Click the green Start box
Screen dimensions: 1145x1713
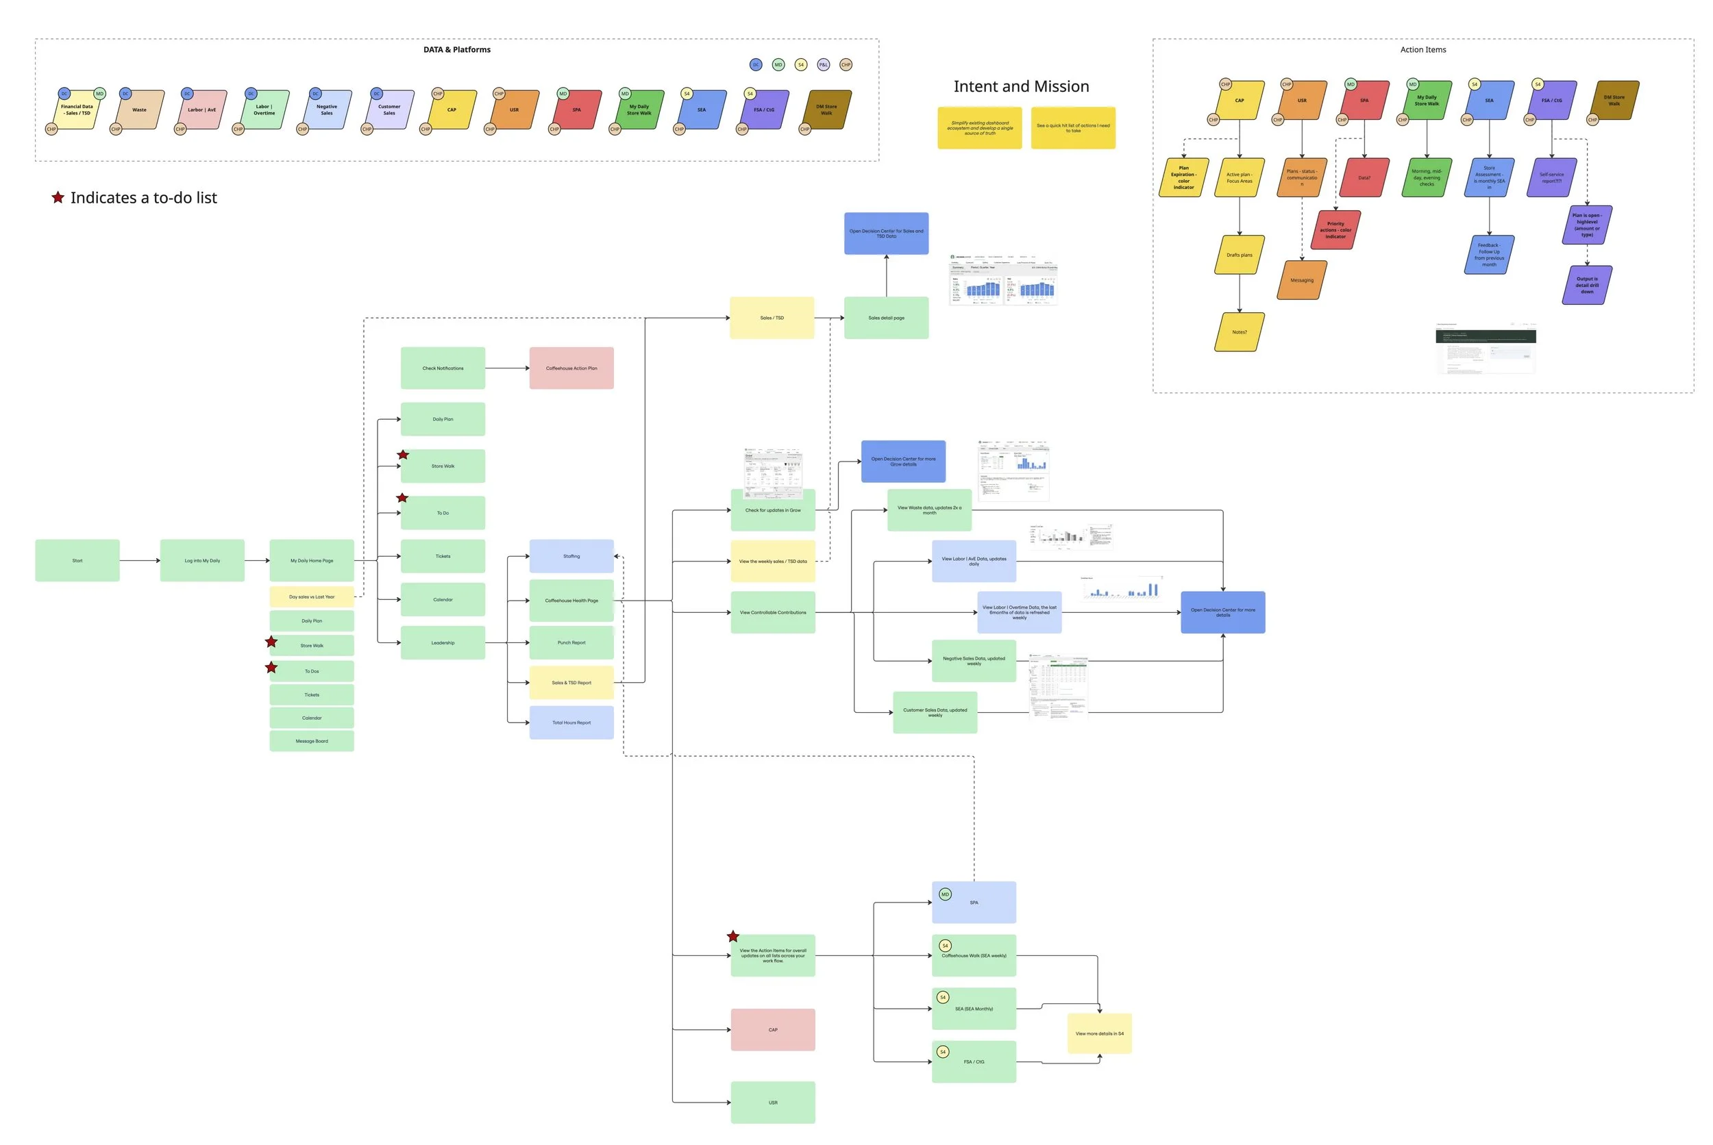[77, 560]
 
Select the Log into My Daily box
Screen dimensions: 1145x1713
[202, 560]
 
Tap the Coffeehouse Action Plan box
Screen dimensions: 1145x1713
[571, 368]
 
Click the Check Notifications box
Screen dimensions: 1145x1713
[443, 368]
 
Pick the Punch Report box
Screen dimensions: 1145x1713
[571, 642]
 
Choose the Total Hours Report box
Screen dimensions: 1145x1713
[571, 722]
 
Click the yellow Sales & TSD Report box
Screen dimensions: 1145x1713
[571, 683]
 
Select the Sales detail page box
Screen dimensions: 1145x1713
[886, 318]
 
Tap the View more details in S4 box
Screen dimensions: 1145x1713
[1099, 1033]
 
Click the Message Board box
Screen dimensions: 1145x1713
[312, 740]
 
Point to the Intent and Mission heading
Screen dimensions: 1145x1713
[1021, 86]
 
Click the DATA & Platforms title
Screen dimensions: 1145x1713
[456, 50]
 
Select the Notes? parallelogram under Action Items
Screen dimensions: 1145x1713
[1240, 332]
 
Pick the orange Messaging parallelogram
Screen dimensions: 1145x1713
[1302, 280]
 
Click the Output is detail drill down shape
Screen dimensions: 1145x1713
[1588, 285]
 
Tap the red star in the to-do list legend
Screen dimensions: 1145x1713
[58, 197]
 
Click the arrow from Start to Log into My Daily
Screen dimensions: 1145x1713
[140, 560]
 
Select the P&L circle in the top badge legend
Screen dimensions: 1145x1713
[823, 64]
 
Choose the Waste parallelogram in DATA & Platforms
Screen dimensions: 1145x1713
[139, 110]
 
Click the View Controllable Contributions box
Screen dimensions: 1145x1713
[773, 612]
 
